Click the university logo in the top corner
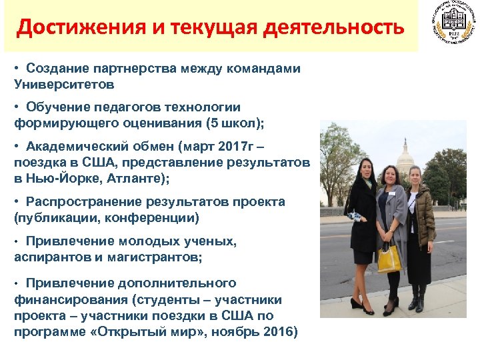coord(449,26)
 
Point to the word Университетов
coord(64,85)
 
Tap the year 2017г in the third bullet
coord(210,147)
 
